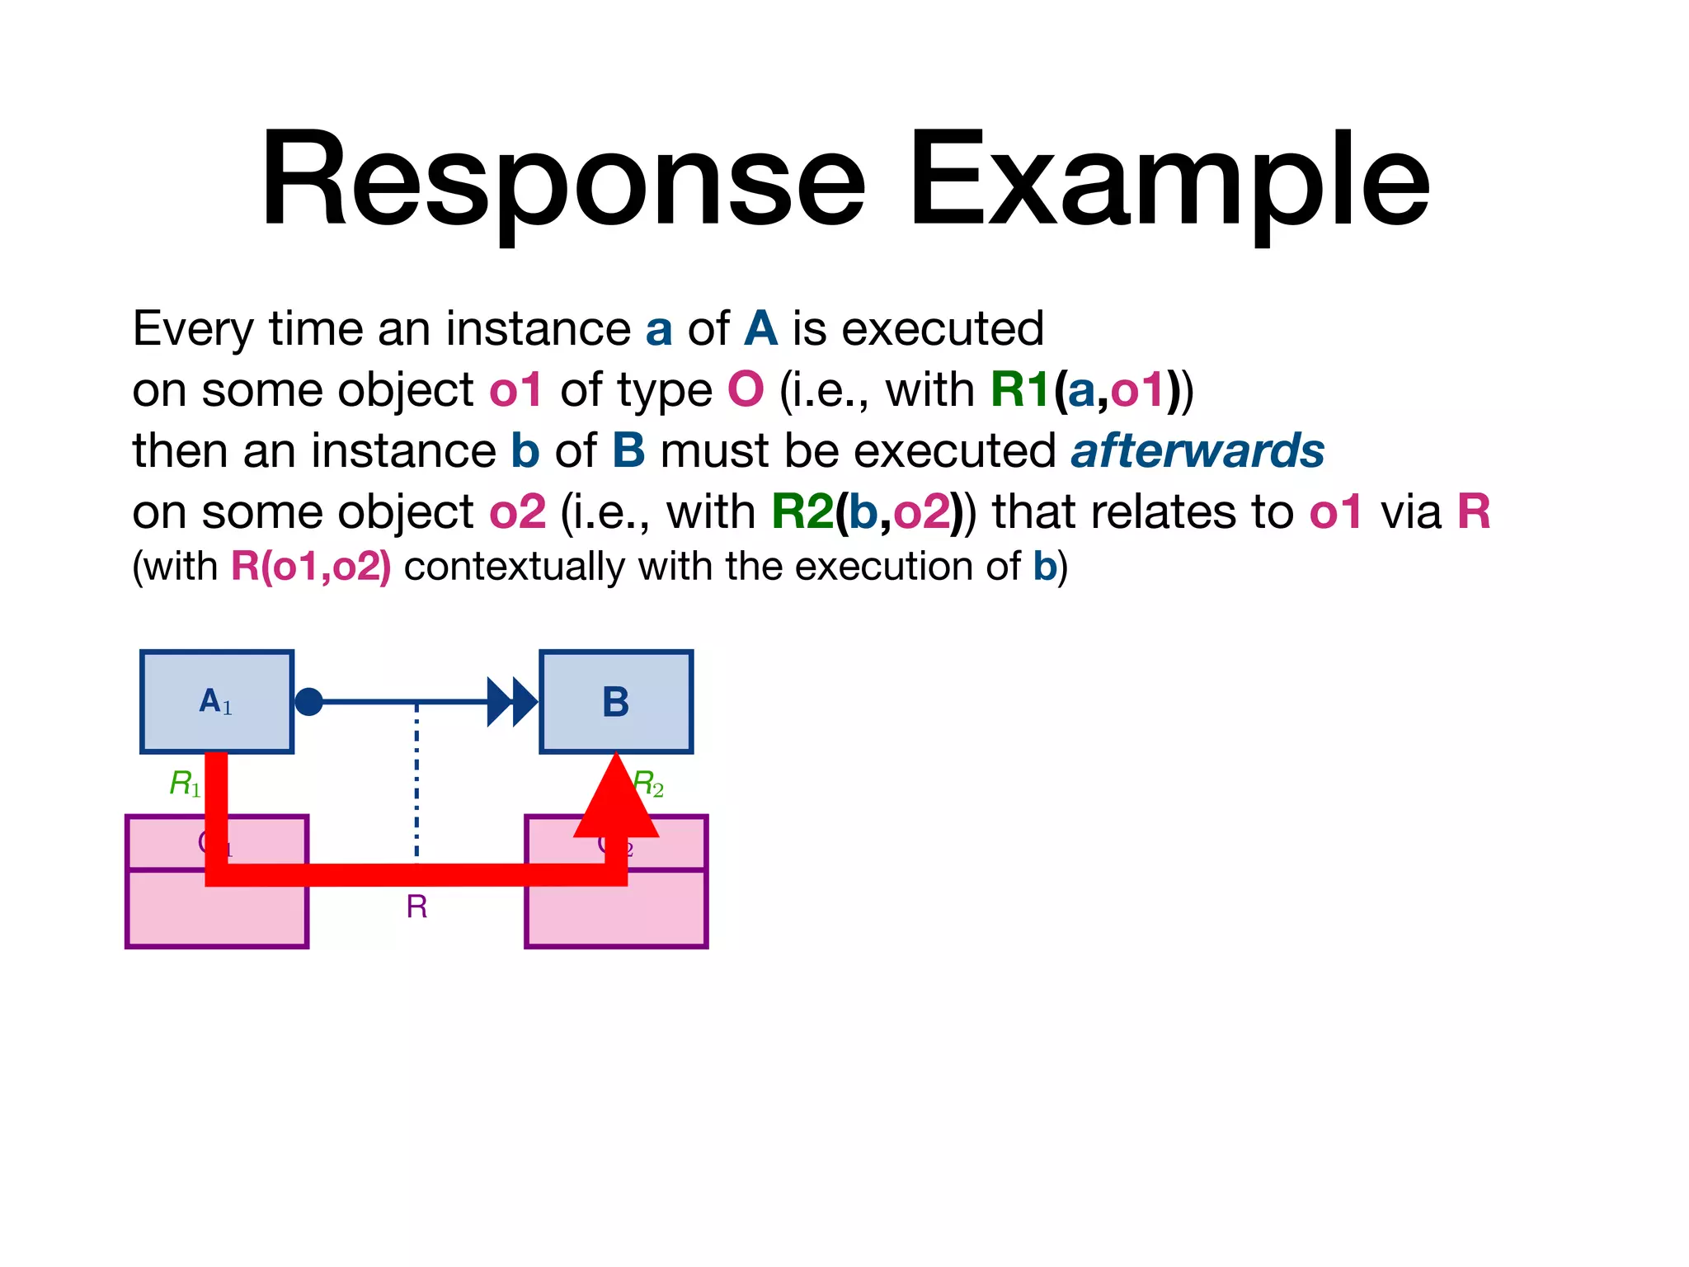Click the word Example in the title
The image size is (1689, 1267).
pyautogui.click(x=1169, y=180)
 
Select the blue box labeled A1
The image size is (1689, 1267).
pyautogui.click(x=217, y=702)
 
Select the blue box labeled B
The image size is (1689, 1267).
pyautogui.click(x=616, y=702)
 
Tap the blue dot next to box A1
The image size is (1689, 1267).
pyautogui.click(x=308, y=702)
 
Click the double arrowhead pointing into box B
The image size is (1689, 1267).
pyautogui.click(x=512, y=702)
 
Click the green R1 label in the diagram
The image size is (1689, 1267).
pyautogui.click(x=184, y=783)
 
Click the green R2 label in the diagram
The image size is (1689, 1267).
pyautogui.click(x=649, y=783)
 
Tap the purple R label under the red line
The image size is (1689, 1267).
pyautogui.click(x=416, y=907)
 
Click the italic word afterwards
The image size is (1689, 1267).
pyautogui.click(x=1197, y=451)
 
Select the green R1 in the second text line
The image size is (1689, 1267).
pyautogui.click(x=1019, y=390)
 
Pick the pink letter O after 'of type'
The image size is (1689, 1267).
pyautogui.click(x=746, y=390)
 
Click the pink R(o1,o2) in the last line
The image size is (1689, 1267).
pyautogui.click(x=311, y=567)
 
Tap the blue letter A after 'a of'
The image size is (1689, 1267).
pyautogui.click(x=760, y=329)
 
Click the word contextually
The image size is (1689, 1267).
pyautogui.click(x=515, y=567)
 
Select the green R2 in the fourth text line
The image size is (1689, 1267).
pyautogui.click(x=802, y=512)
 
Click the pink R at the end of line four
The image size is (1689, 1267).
pyautogui.click(x=1474, y=512)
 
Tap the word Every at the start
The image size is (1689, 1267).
pyautogui.click(x=193, y=329)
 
